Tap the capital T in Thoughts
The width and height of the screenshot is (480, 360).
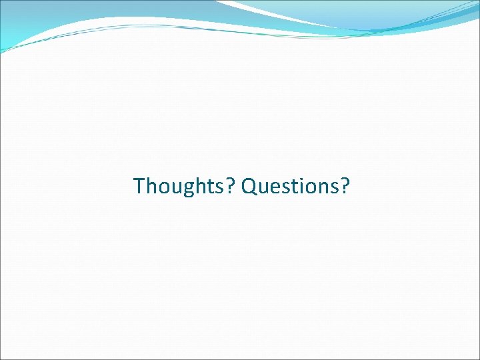(139, 186)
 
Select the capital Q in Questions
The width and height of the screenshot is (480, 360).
(249, 187)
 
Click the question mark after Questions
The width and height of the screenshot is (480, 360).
(344, 186)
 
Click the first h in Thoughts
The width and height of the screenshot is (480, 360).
(149, 186)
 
